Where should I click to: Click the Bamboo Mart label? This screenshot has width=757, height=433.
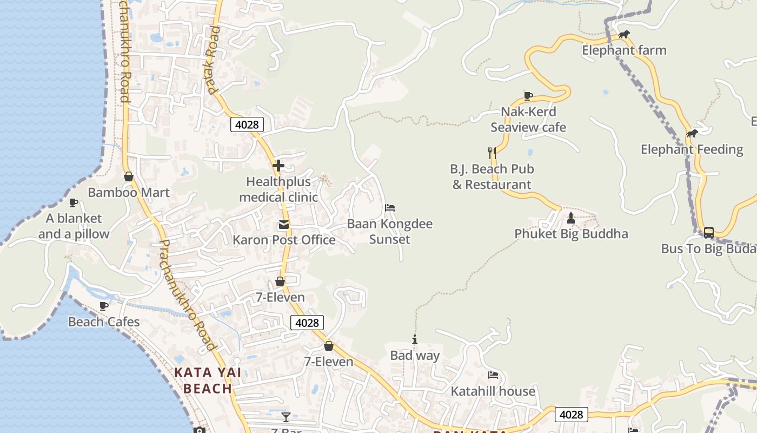pos(129,193)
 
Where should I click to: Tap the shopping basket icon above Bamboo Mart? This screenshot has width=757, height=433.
pos(129,176)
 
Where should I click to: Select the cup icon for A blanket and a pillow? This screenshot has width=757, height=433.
pos(74,202)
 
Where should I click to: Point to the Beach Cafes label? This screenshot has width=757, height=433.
pos(104,322)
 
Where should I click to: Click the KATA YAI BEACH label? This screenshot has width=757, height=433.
pos(208,380)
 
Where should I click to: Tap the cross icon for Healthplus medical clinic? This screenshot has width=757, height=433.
pos(278,166)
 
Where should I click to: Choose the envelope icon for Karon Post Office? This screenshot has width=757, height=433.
pos(284,225)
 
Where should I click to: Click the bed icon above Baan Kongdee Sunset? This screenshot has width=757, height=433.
pos(390,208)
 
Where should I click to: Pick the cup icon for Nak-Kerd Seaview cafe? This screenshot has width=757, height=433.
pos(528,96)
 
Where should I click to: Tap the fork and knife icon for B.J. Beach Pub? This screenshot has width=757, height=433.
pos(492,153)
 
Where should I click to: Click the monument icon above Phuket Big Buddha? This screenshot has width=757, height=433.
pos(571,218)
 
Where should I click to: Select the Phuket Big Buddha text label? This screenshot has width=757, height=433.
pos(571,234)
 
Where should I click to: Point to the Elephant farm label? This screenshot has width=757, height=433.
pos(624,50)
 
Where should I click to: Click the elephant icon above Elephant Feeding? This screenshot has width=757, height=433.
pos(692,134)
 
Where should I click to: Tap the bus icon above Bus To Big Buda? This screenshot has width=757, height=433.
pos(708,233)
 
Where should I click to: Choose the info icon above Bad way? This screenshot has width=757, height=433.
pos(415,340)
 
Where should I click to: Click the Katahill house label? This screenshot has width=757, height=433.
pos(493,391)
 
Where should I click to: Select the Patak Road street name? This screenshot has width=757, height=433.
pos(213,60)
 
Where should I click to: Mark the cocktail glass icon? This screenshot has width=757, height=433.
pos(286,417)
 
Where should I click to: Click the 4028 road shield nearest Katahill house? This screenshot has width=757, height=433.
pos(571,415)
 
